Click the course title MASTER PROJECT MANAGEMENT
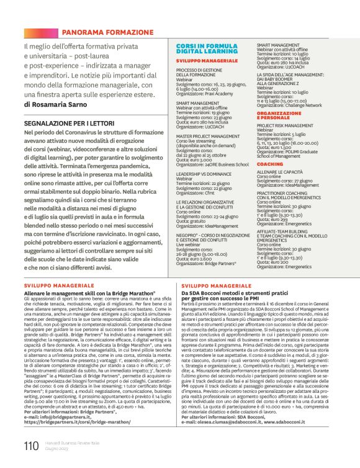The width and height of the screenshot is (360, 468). click(208, 136)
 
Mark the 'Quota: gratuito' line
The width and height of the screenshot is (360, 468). click(193, 222)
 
